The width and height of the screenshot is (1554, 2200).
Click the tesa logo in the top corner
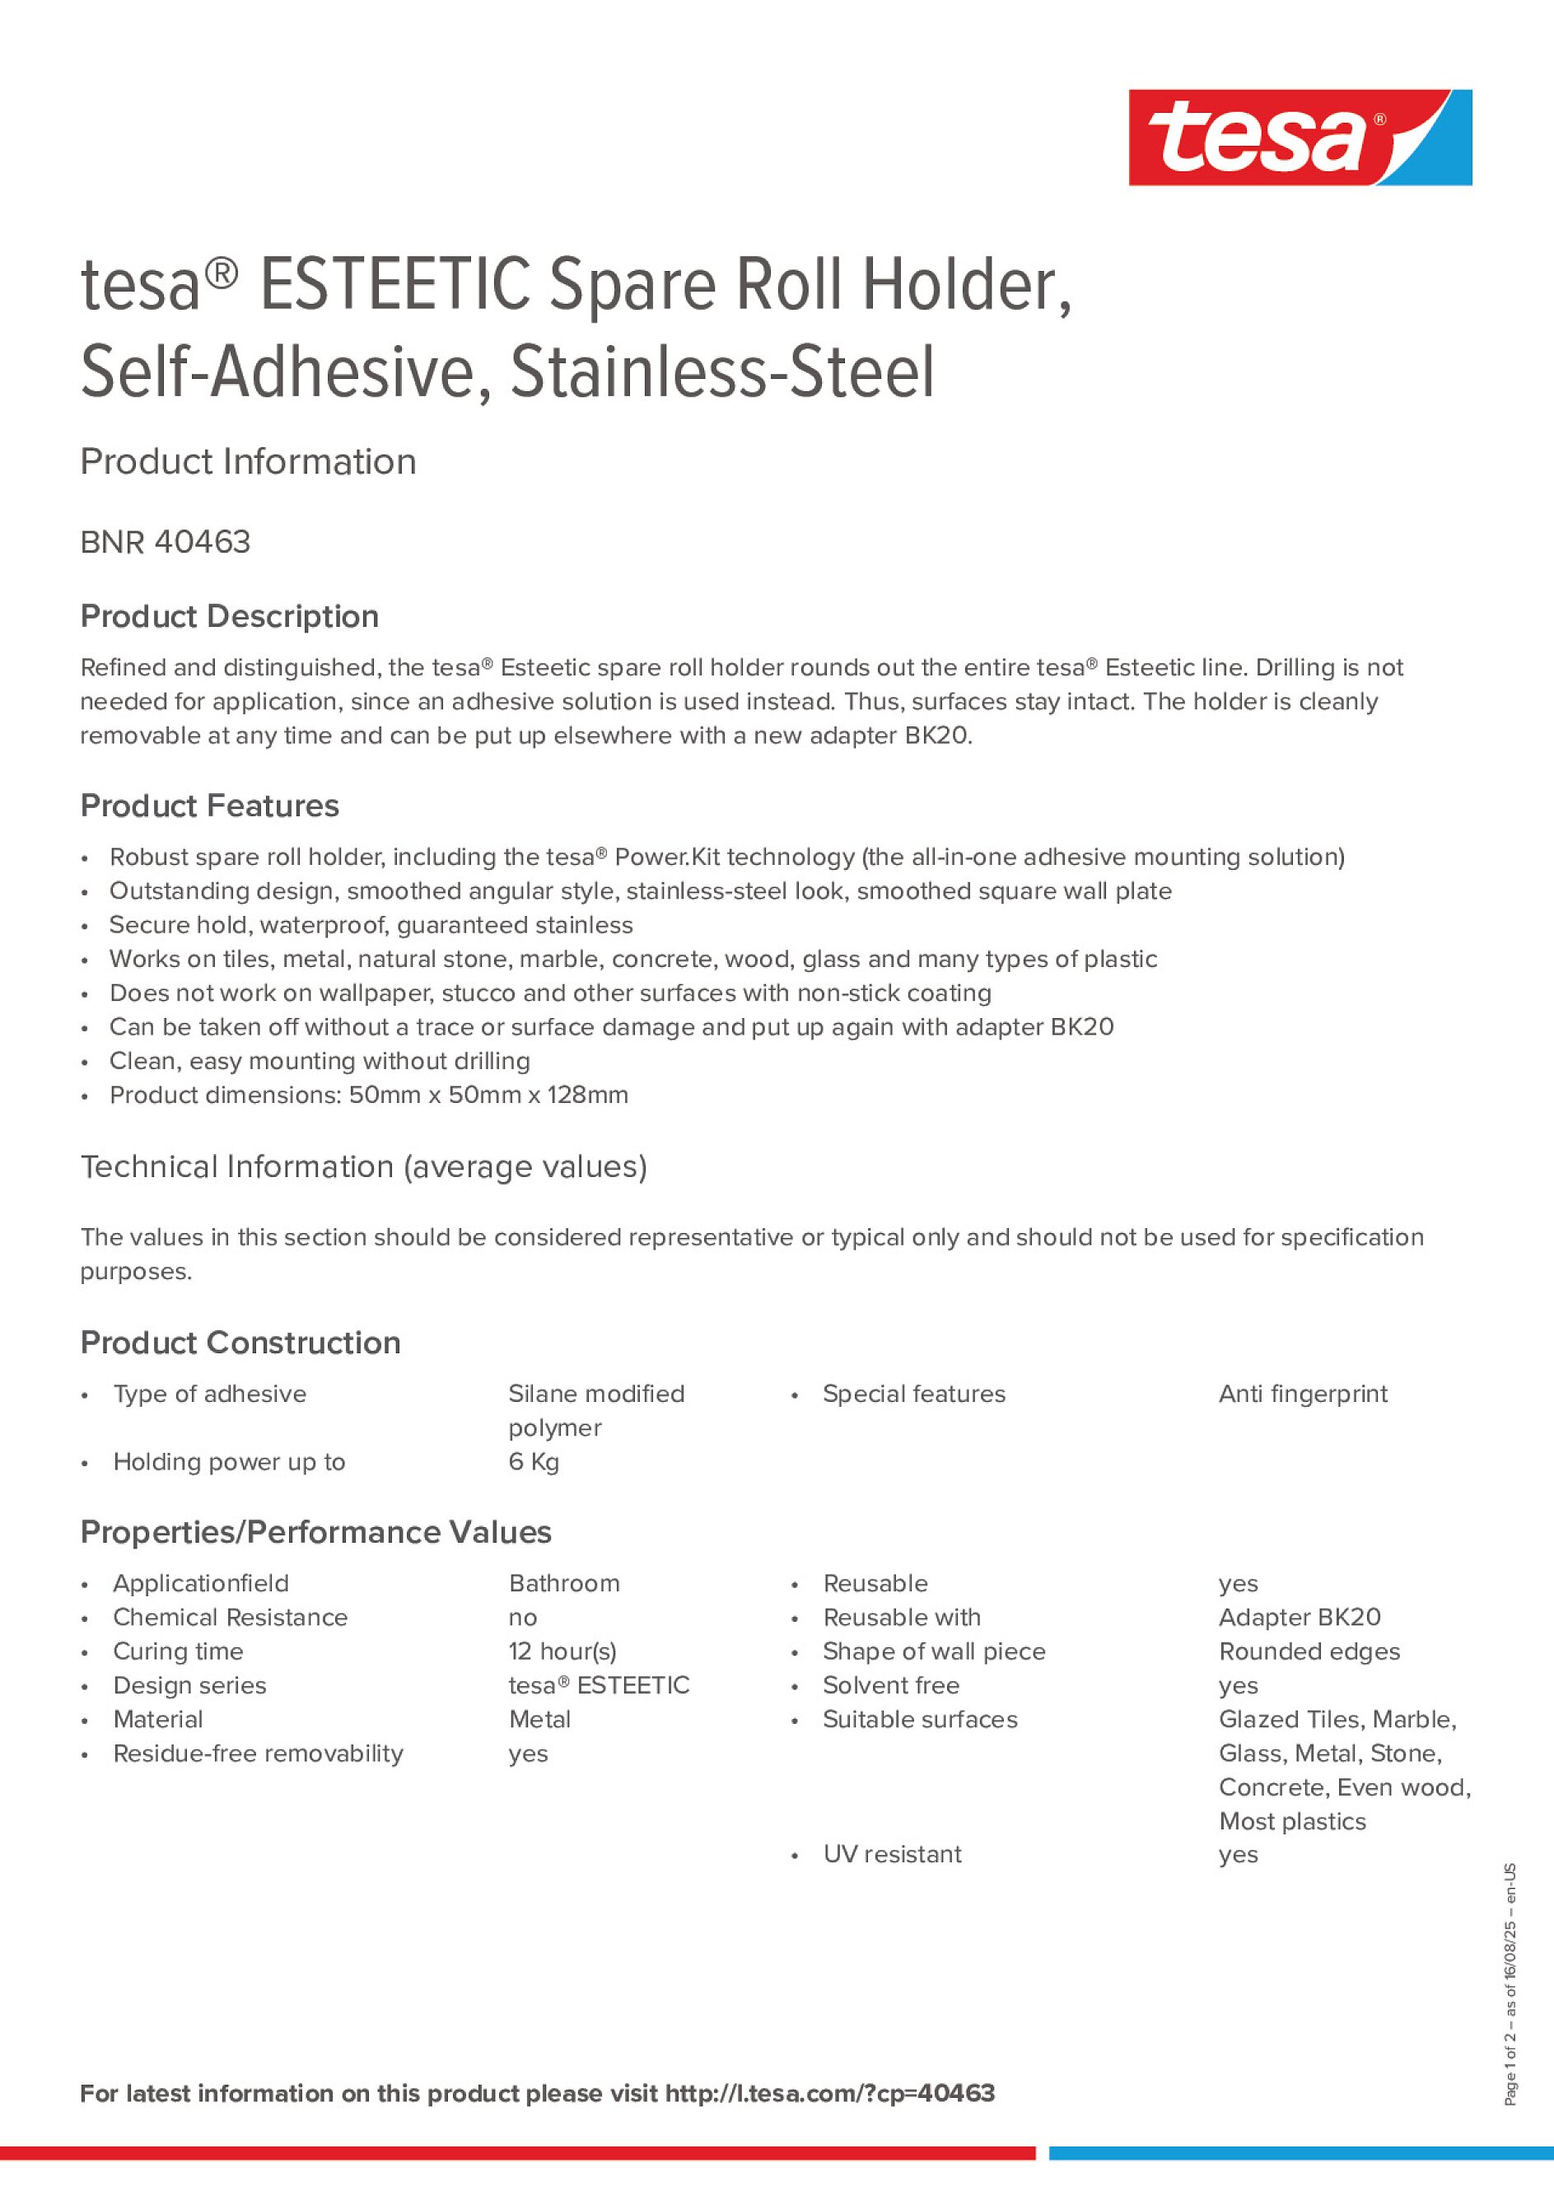1300,137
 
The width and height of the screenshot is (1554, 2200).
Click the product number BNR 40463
165,542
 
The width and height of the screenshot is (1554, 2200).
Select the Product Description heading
229,616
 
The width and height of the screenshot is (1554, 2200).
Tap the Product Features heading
209,806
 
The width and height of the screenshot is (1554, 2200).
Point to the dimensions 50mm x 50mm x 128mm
488,1095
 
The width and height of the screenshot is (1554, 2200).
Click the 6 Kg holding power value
534,1462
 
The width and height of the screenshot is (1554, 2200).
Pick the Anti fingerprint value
1302,1394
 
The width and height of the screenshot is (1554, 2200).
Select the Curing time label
178,1652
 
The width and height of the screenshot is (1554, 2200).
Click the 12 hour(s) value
562,1652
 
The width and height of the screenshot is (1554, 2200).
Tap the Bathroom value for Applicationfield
563,1584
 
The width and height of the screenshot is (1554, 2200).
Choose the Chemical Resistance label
230,1618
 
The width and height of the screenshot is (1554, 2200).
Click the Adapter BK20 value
1300,1618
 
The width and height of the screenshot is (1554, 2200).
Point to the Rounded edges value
1309,1652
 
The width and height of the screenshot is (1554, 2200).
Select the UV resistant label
892,1855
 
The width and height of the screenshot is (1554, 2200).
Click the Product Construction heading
240,1343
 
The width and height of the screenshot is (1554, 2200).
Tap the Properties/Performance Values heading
315,1533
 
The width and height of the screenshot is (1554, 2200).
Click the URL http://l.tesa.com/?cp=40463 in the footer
829,2094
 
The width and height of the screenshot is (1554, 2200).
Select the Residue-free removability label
258,1754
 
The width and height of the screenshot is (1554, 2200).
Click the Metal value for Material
539,1720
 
